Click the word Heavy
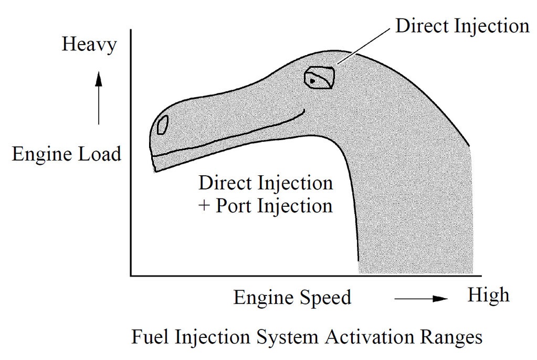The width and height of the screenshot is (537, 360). click(89, 45)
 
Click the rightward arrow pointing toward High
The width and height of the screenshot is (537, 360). click(420, 298)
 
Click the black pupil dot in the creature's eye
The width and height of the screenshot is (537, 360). click(312, 81)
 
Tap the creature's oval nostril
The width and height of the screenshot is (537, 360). click(163, 124)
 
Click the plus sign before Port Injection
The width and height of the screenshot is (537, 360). click(204, 205)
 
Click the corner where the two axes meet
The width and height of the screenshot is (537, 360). click(131, 275)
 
